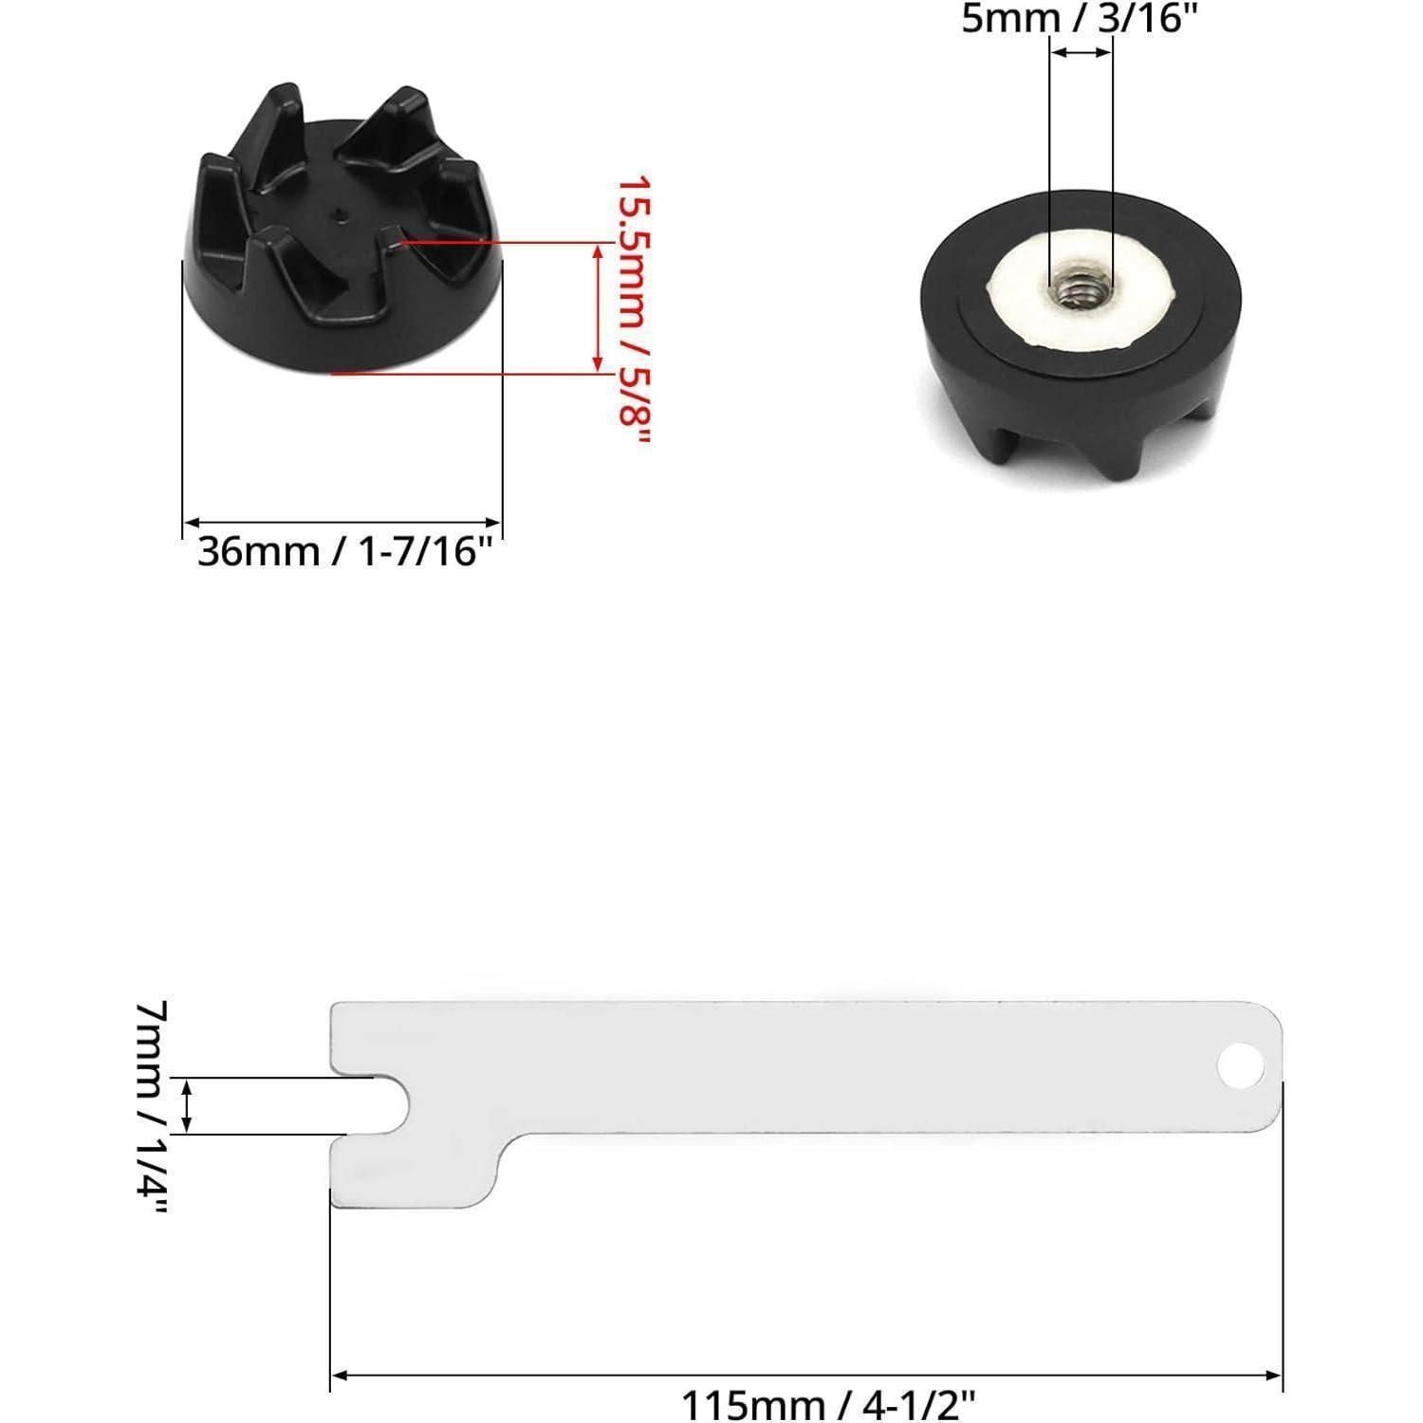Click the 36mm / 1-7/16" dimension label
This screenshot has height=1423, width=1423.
click(x=344, y=551)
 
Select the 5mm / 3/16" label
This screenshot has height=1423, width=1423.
click(x=1073, y=18)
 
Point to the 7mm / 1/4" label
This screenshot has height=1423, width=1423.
click(x=153, y=1107)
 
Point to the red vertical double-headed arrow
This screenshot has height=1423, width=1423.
click(x=598, y=306)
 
